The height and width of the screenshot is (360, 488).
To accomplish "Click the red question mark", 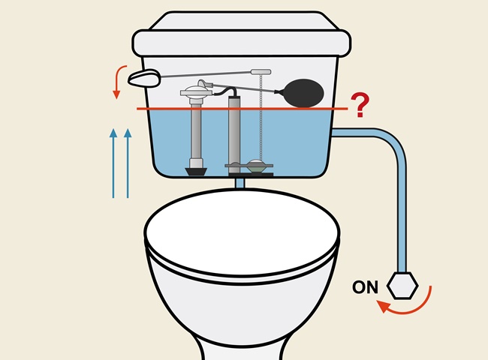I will [360, 106].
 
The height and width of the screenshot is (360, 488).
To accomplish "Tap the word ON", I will [365, 287].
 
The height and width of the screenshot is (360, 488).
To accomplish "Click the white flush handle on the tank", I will [144, 76].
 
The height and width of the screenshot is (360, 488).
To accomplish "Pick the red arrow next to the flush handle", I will [118, 81].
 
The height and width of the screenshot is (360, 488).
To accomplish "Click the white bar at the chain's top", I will [261, 71].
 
